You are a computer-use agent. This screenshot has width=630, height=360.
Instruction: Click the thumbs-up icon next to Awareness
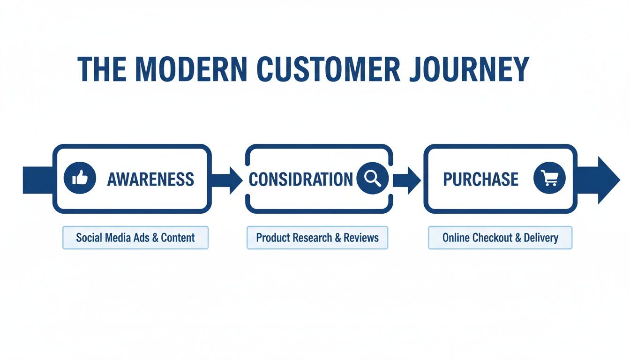(80, 179)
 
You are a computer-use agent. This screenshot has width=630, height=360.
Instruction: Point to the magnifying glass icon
(372, 179)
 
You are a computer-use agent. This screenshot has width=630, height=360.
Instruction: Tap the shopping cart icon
(549, 179)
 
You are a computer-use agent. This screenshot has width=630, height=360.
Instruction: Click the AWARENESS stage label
(150, 179)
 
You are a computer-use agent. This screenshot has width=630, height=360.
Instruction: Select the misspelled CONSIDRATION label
(300, 179)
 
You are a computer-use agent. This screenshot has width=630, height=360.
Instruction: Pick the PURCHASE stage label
(480, 179)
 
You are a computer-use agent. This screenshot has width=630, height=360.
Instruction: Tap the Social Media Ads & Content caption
(135, 238)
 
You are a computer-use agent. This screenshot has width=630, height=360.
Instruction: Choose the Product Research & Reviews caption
(317, 238)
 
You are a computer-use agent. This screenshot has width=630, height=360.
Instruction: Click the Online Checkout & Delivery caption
(500, 238)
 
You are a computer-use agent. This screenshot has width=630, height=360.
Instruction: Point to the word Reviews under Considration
(361, 238)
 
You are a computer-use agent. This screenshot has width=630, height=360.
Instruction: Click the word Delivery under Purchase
(541, 238)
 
